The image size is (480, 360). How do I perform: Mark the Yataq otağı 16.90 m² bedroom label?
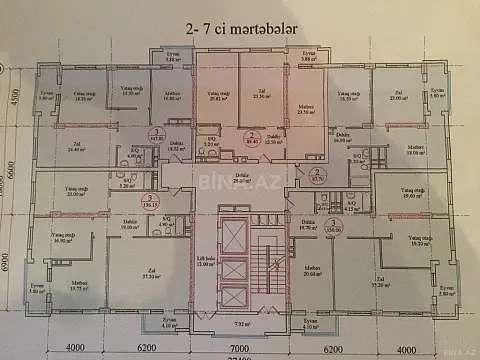(67, 239)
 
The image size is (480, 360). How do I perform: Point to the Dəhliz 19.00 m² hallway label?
(130, 225)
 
